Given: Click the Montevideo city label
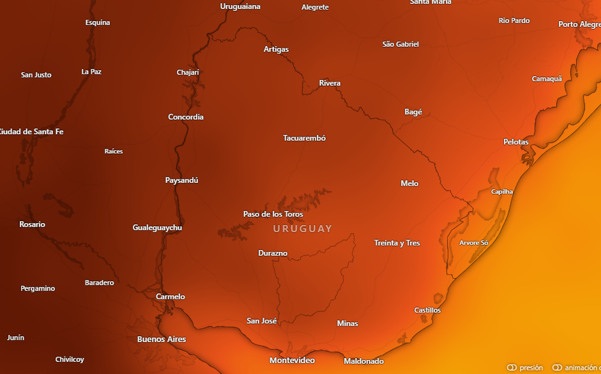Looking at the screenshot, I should (292, 360).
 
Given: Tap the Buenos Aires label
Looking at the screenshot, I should (162, 339).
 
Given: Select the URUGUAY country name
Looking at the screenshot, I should (302, 228).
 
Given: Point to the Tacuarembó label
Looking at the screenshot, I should (304, 138).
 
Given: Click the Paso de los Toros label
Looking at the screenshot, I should (273, 214).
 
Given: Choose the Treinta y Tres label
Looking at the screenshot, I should (397, 243).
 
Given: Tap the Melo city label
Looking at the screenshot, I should (409, 183).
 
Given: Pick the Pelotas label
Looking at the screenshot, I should (516, 142).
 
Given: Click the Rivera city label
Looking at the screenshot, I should (329, 83).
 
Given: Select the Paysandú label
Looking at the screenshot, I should (182, 180).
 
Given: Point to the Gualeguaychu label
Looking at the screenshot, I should (157, 227).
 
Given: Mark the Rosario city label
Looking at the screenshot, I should (32, 224).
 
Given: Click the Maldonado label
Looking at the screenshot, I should (364, 361).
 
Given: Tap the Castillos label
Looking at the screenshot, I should (427, 310).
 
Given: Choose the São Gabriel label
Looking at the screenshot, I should (400, 44).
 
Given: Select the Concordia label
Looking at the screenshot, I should (186, 117).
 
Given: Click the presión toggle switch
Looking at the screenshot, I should (512, 367).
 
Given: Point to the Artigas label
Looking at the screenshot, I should (276, 49).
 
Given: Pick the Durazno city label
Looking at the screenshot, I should (273, 253).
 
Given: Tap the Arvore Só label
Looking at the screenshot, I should (474, 243).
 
